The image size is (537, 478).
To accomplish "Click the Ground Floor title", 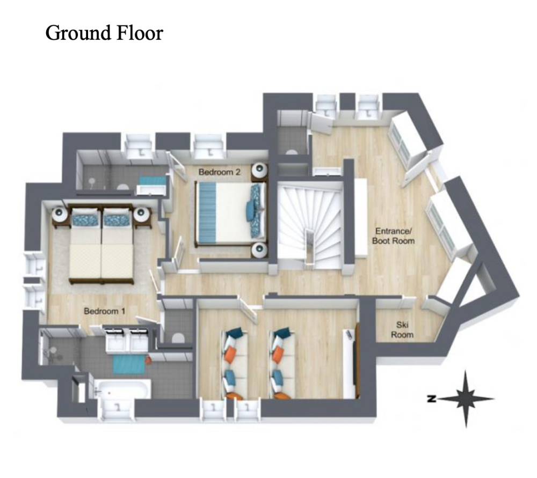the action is pos(104,34).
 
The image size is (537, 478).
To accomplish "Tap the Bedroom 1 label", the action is pos(105,311).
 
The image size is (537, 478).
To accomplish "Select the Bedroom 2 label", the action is pos(220,172).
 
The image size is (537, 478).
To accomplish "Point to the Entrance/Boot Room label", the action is pos(393,236).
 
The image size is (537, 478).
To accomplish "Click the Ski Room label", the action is pos(402,329).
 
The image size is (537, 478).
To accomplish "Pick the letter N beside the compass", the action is pos(432,398).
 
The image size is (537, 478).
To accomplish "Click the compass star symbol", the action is pos(466,399).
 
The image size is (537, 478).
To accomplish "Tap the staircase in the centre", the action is pos(310,225).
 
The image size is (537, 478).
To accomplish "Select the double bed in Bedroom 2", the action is pos(230,214).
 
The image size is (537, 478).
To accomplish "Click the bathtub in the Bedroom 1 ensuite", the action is pos(122,388).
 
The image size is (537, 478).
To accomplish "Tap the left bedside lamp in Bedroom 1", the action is pos(60,214).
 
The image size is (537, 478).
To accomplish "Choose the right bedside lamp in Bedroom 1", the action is pos(141,214).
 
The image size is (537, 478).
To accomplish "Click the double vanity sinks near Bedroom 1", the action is pos(127,339).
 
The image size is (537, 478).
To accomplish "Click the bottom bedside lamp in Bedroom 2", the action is pos(259,250).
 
